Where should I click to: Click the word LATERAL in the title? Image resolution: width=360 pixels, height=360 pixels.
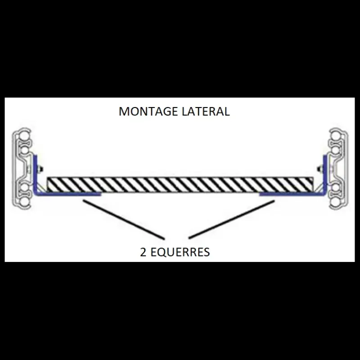pyautogui.click(x=206, y=111)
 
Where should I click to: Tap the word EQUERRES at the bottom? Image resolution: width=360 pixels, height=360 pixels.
pyautogui.click(x=180, y=252)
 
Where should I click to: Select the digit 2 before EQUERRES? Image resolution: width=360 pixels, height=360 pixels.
pyautogui.click(x=143, y=252)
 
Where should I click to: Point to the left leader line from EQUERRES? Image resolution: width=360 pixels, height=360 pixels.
pyautogui.click(x=124, y=220)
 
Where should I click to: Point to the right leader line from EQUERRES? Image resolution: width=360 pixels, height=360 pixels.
pyautogui.click(x=231, y=220)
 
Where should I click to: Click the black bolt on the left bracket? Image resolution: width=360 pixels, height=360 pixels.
pyautogui.click(x=40, y=169)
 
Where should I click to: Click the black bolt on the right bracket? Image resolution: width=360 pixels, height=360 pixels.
pyautogui.click(x=320, y=169)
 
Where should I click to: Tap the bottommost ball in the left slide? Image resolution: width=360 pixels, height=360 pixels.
pyautogui.click(x=24, y=202)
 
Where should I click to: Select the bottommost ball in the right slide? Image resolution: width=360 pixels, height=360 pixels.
pyautogui.click(x=335, y=202)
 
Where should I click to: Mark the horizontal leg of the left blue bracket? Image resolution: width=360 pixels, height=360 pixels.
pyautogui.click(x=68, y=194)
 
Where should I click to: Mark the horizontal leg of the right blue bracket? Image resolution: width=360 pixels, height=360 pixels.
pyautogui.click(x=292, y=194)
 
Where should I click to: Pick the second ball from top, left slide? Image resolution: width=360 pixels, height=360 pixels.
pyautogui.click(x=24, y=150)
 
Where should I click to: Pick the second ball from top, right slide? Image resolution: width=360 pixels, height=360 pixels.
pyautogui.click(x=335, y=150)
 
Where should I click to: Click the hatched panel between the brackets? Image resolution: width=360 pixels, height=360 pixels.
pyautogui.click(x=180, y=184)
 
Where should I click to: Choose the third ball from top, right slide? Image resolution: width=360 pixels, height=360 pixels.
pyautogui.click(x=335, y=188)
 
